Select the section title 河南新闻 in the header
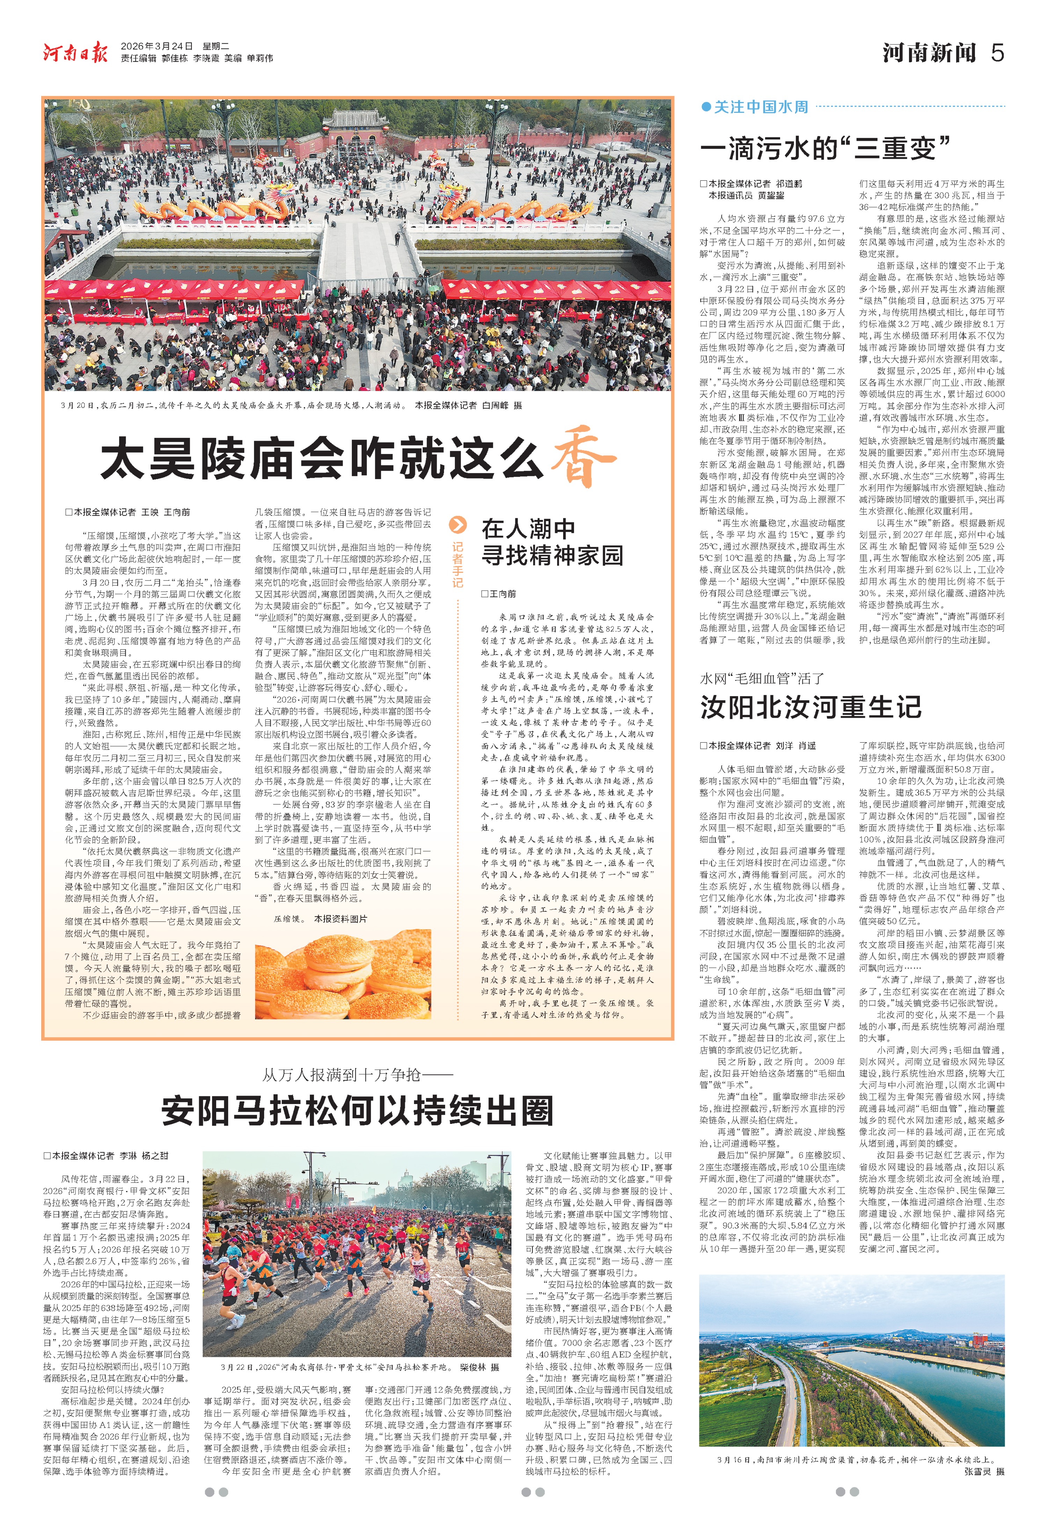[x=929, y=52]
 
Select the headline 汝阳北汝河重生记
[x=810, y=707]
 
